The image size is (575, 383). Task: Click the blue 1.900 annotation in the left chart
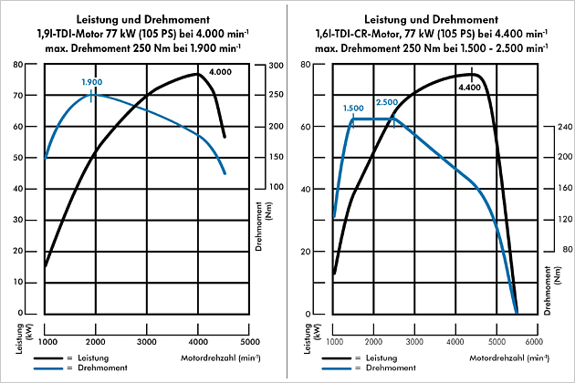[x=91, y=82]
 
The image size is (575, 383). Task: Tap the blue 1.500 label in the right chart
[x=353, y=108]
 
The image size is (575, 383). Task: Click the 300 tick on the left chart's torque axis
[x=275, y=65]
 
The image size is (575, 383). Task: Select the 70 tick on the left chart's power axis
[x=30, y=96]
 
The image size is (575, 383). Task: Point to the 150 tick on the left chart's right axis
[x=275, y=157]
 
